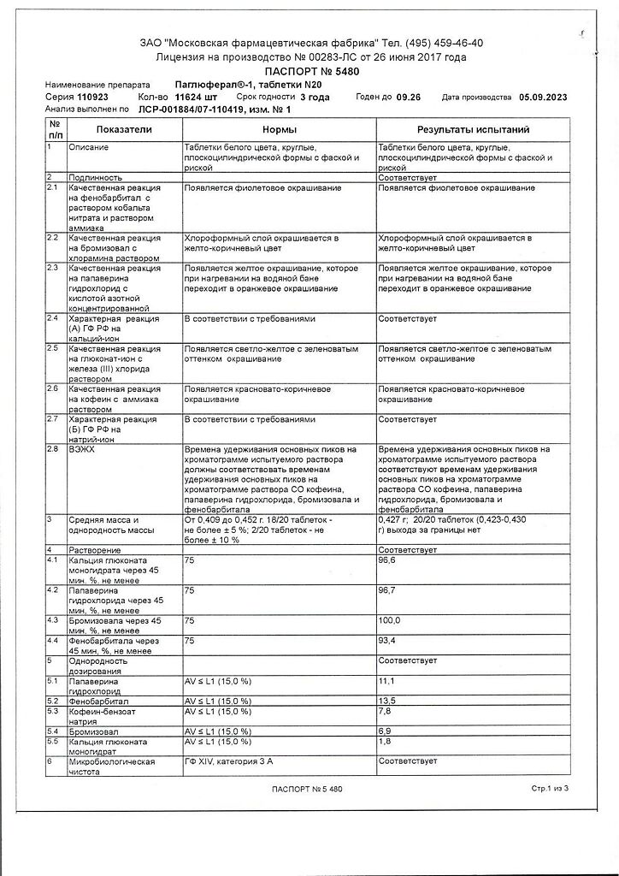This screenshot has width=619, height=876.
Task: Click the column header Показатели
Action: (x=123, y=129)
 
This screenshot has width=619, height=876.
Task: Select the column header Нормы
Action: (x=279, y=129)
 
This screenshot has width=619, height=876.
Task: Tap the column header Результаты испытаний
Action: (x=472, y=129)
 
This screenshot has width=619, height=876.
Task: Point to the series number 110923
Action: (x=81, y=98)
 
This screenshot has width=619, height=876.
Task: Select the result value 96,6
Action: (x=389, y=560)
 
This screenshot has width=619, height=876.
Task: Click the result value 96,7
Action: (x=389, y=590)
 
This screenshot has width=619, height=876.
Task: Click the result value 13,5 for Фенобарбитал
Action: (x=386, y=701)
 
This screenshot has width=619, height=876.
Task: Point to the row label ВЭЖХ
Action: (x=84, y=448)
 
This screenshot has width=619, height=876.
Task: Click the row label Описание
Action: (x=90, y=147)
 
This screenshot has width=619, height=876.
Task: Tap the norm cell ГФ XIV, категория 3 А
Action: (x=228, y=760)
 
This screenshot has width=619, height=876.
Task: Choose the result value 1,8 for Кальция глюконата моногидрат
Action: (x=385, y=741)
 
